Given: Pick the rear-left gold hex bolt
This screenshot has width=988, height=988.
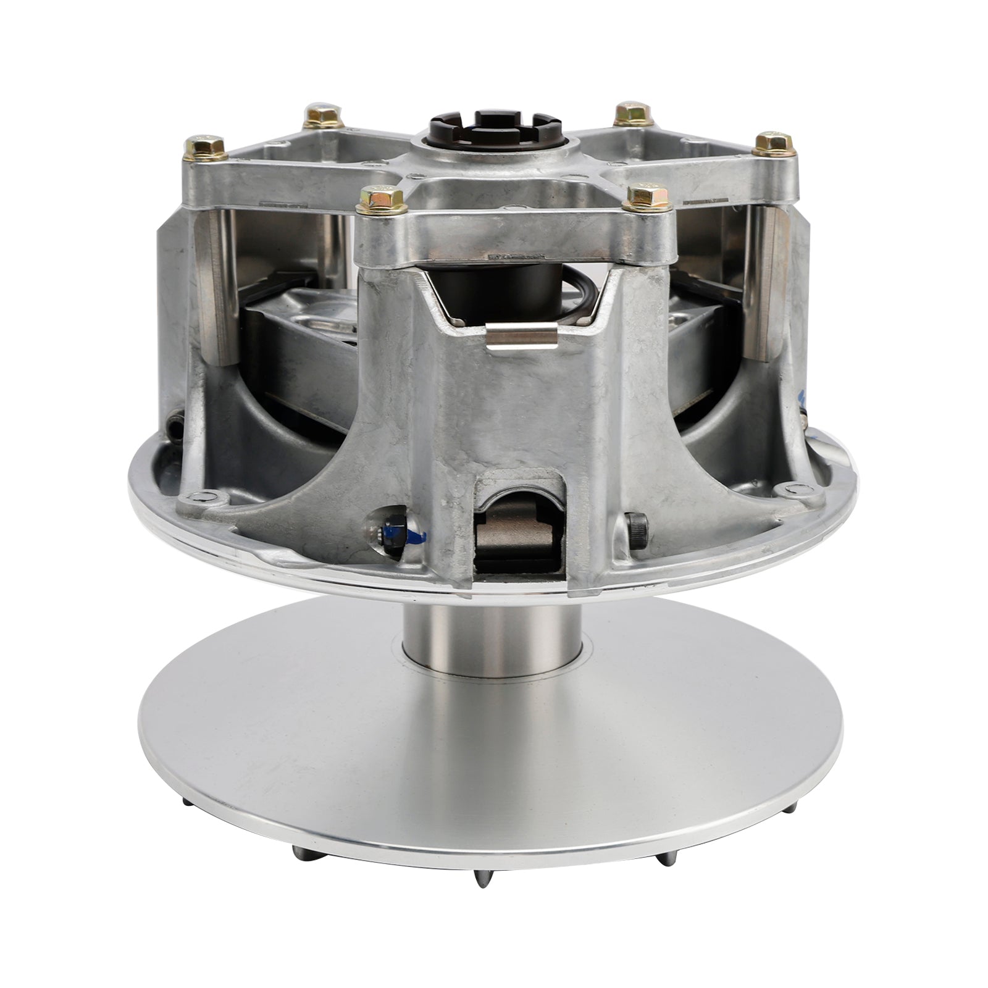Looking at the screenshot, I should coord(321,115).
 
